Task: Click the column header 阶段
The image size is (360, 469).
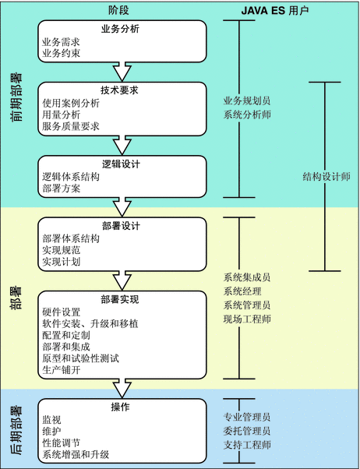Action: click(118, 10)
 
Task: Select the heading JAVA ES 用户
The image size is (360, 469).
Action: click(275, 11)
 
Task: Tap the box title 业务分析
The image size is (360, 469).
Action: click(120, 29)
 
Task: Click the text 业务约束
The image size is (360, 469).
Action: click(62, 53)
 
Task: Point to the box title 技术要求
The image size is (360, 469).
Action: click(119, 90)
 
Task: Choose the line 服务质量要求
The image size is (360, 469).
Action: click(71, 126)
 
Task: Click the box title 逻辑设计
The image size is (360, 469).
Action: click(121, 164)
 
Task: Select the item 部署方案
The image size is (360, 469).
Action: click(62, 189)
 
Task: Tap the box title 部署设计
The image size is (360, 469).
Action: click(121, 226)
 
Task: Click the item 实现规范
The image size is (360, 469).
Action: click(62, 250)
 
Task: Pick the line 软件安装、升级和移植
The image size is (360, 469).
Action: click(90, 323)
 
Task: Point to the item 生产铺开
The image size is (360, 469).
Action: click(62, 370)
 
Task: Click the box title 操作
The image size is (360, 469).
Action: click(120, 407)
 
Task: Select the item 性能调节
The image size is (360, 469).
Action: click(62, 443)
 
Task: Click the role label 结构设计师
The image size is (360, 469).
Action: click(326, 177)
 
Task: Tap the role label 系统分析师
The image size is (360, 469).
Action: click(247, 115)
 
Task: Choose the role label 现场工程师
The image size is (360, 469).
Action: click(247, 319)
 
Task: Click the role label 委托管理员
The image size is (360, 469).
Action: click(247, 431)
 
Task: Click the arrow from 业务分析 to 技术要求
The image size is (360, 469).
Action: click(122, 72)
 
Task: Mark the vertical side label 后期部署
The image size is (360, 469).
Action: click(16, 430)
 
